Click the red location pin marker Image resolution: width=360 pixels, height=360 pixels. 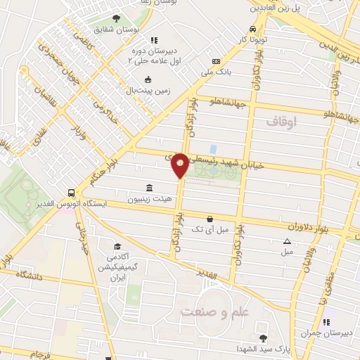pyautogui.click(x=180, y=165)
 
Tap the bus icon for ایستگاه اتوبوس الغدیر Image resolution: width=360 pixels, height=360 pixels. pyautogui.click(x=71, y=193)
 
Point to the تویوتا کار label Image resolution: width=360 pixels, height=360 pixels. pyautogui.click(x=253, y=40)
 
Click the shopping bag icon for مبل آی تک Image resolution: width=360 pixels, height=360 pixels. pyautogui.click(x=210, y=219)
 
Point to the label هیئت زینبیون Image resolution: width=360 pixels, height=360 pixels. pyautogui.click(x=149, y=199)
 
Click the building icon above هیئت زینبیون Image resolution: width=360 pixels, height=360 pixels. pyautogui.click(x=149, y=188)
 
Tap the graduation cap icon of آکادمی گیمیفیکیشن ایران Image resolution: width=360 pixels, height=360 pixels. pyautogui.click(x=118, y=247)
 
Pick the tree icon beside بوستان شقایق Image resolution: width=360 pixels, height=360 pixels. pyautogui.click(x=116, y=19)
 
